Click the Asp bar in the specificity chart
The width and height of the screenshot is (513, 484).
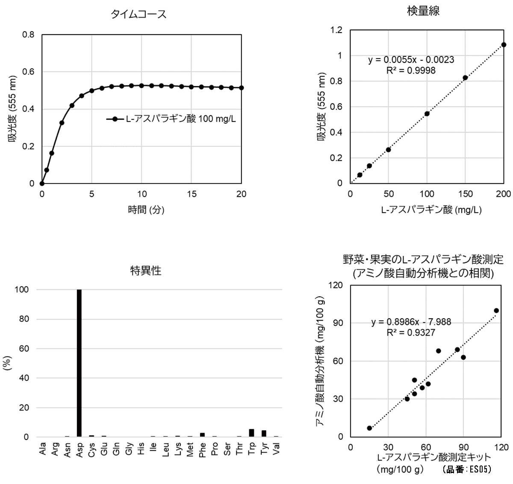tap(79, 363)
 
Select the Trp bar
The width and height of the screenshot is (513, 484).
tap(251, 433)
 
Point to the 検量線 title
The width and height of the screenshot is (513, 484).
tap(423, 12)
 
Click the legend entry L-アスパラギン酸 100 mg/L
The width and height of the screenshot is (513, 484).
tap(171, 119)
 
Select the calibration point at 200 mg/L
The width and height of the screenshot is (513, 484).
tap(504, 44)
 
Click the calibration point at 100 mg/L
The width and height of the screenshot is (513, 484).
tap(427, 114)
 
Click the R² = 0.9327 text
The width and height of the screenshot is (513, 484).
tap(411, 332)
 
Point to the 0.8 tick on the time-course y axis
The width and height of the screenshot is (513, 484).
tap(29, 34)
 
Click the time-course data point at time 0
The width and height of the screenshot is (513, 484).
tap(42, 183)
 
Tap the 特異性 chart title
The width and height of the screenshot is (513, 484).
tap(146, 271)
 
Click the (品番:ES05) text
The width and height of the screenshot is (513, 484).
tap(467, 469)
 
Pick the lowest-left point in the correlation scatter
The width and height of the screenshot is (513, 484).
tap(369, 428)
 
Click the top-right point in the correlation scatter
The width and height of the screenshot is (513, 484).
tap(496, 310)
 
